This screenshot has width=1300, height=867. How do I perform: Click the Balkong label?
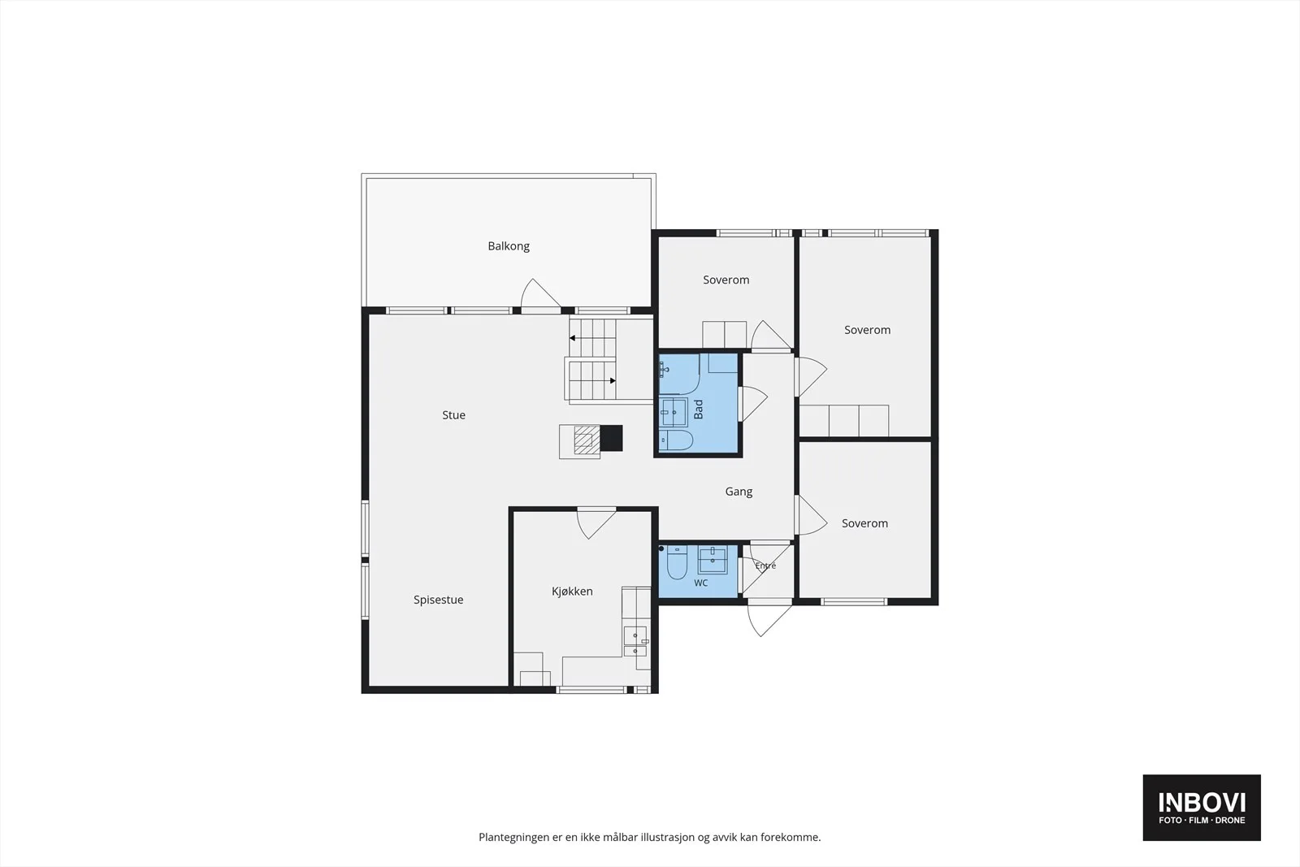click(509, 246)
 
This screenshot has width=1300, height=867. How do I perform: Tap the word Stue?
click(454, 415)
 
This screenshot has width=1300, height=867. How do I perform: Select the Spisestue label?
click(438, 600)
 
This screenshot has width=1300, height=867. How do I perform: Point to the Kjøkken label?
click(572, 592)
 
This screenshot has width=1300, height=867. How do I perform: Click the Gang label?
click(739, 492)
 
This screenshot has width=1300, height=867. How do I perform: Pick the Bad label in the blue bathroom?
click(699, 410)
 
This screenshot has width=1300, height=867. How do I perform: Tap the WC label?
click(701, 583)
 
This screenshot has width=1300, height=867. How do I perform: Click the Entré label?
click(765, 566)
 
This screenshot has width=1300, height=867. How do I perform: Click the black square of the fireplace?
click(611, 438)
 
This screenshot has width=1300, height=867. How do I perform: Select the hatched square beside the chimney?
click(587, 440)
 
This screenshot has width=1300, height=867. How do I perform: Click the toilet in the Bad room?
click(676, 440)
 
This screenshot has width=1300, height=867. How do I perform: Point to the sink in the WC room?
click(713, 559)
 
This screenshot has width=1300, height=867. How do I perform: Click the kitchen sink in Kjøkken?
click(635, 641)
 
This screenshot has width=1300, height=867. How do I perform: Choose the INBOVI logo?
click(1202, 807)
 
